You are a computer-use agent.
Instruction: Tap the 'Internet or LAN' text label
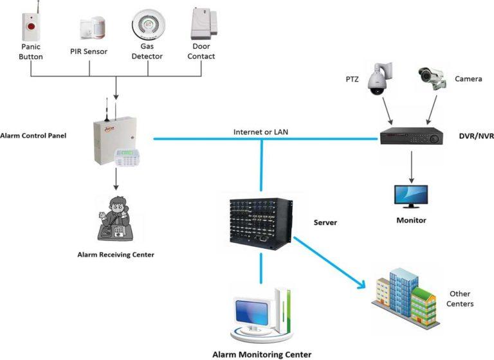coord(261,132)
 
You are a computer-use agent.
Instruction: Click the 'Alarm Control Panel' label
coord(33,136)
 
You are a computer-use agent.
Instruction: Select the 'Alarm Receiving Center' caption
coord(116,255)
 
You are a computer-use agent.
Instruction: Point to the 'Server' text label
coord(325,222)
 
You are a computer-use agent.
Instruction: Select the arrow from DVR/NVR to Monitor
coord(410,165)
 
